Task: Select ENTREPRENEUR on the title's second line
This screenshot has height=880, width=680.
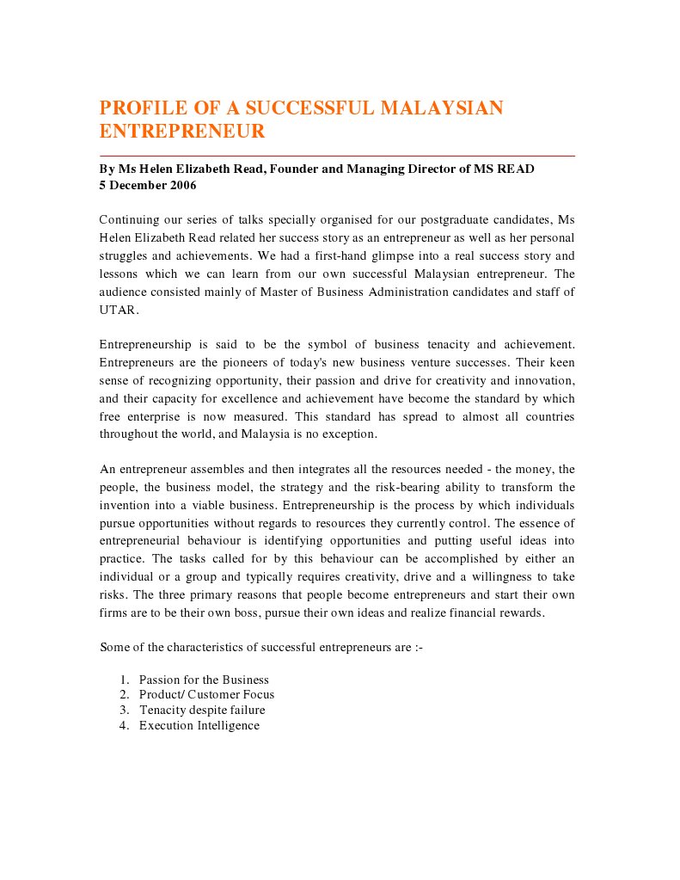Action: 182,132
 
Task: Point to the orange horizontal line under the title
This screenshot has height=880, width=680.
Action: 337,156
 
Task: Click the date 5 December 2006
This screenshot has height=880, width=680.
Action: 148,185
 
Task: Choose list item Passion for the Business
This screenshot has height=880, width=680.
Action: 204,680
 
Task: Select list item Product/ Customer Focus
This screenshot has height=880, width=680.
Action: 206,694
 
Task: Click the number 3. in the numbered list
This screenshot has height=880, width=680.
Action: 124,710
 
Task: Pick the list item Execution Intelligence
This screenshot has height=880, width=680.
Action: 199,725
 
